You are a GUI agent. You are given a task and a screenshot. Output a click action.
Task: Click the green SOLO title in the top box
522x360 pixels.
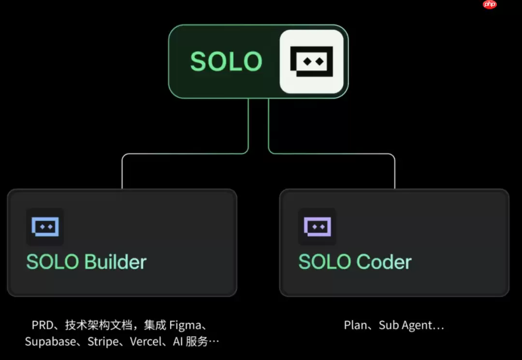tap(226, 61)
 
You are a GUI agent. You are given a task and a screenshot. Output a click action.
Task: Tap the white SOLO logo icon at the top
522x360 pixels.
tap(312, 61)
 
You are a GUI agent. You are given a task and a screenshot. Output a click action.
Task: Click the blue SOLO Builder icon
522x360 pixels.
tap(45, 227)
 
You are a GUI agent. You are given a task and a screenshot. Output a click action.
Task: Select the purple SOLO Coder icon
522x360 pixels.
tap(317, 227)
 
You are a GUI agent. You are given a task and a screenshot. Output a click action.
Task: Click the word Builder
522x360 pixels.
tap(116, 262)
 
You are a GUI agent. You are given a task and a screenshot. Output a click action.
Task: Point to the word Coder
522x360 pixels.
tap(384, 262)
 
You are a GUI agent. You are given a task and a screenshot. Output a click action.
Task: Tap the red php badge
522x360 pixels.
tap(490, 4)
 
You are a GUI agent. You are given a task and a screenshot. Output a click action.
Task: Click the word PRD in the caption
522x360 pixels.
tap(43, 325)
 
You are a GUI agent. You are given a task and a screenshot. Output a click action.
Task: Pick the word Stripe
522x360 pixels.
tap(103, 342)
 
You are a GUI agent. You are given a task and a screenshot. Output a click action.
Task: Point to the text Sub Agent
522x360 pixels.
tap(406, 325)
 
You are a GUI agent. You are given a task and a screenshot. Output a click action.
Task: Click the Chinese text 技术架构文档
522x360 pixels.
tap(99, 325)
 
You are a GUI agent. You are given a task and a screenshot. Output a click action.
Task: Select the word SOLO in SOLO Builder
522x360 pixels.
tap(53, 262)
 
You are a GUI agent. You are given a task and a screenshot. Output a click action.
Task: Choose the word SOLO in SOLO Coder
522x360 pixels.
tap(325, 262)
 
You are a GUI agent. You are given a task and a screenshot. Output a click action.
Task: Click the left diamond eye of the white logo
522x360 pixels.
tap(307, 61)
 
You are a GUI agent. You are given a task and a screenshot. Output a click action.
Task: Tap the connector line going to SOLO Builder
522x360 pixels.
tap(185, 154)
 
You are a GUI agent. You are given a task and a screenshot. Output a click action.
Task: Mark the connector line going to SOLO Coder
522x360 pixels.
tap(332, 154)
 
